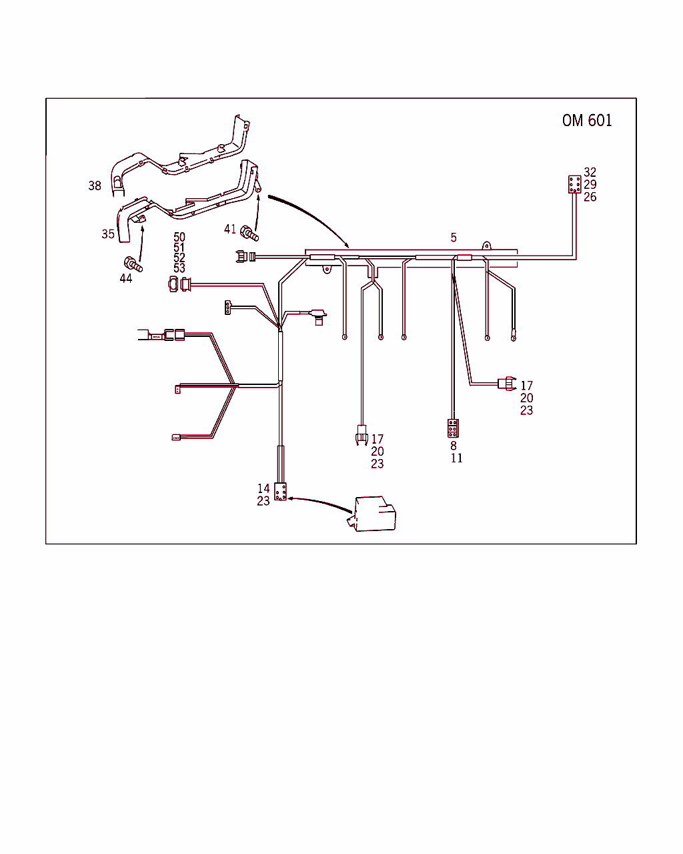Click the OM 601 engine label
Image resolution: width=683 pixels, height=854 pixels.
586,120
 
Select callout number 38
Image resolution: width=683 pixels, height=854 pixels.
95,185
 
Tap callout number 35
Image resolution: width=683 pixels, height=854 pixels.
108,234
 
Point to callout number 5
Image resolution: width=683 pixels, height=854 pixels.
454,238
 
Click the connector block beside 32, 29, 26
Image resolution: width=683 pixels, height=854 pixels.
574,184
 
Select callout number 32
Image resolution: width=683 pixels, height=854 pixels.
590,172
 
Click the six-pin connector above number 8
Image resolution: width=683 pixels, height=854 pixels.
453,428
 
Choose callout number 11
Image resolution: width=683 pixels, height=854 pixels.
456,458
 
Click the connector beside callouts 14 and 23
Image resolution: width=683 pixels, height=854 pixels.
280,491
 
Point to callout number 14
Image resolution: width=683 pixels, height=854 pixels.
263,488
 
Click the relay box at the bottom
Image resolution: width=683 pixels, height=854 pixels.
372,514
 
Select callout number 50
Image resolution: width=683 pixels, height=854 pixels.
179,237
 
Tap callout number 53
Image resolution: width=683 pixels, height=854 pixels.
179,268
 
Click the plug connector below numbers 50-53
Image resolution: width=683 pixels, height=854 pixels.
179,284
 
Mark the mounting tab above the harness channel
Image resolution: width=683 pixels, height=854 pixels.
486,246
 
